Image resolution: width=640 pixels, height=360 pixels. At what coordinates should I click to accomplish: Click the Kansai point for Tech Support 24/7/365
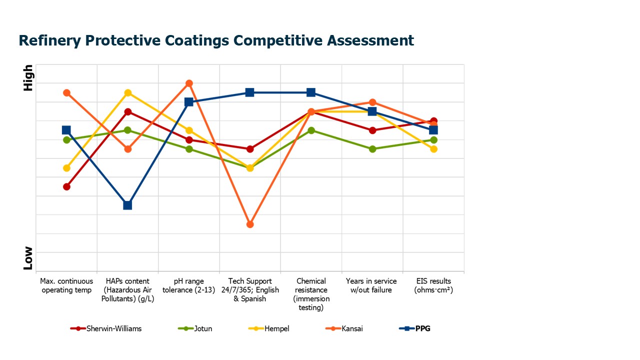pos(250,224)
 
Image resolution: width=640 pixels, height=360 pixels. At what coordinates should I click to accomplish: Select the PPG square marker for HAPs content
pos(127,205)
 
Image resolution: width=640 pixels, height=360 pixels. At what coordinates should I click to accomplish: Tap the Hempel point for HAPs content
pos(128,93)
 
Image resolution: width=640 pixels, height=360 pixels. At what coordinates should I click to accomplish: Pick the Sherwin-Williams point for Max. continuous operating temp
pos(66,186)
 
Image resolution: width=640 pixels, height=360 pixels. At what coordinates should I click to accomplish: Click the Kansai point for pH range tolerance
pos(189,83)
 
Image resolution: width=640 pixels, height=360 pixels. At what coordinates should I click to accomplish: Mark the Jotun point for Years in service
pos(372,149)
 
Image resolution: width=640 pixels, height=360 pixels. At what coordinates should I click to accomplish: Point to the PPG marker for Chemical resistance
pos(311,92)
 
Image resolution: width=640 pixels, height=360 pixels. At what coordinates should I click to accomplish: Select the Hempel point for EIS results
pos(433,149)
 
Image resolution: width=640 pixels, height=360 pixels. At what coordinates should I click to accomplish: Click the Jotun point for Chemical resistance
pos(311,130)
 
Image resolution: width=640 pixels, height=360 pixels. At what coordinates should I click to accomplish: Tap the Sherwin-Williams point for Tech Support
pos(250,149)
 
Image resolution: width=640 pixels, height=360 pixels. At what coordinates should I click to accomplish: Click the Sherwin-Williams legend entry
pos(113,328)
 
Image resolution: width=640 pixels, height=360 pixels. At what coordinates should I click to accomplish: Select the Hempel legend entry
pos(276,328)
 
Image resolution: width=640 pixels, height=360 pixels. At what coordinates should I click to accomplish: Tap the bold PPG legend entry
pos(423,328)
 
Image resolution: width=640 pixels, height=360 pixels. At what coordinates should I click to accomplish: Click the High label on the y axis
pos(28,78)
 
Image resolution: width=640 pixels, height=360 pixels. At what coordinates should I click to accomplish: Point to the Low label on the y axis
pos(28,258)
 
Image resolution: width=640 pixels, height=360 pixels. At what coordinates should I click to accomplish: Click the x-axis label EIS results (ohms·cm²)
pos(433,285)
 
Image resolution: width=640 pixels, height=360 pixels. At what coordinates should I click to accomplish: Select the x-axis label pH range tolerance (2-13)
pos(189,285)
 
